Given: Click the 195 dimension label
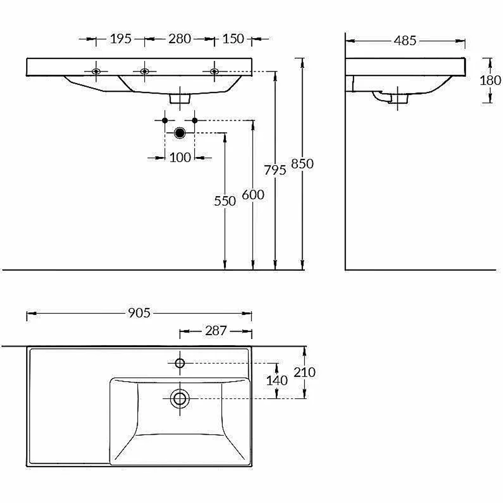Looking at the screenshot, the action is coord(121,39).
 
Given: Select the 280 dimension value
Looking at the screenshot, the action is coord(180,39).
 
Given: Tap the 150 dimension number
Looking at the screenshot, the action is coord(233,39).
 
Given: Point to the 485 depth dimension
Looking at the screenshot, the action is coord(405,41).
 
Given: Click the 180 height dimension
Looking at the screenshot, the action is coord(490,80).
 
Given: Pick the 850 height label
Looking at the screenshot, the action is coord(302,163).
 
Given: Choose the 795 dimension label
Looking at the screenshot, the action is coord(275,170).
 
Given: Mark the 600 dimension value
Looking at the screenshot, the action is coord(253,194).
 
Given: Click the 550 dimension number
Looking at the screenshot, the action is coord(225,201).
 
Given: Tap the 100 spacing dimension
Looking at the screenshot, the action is coord(180,157).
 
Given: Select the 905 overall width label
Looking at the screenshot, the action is coord(139,313).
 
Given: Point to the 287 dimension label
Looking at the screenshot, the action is coord(216,331).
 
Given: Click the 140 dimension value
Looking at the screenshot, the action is coord(277,380).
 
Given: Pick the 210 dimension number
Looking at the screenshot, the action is coord(304,372).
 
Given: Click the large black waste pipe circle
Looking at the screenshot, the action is coord(180,133).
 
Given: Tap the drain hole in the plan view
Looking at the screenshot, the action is coord(180,398).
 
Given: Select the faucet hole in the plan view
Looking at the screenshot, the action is coord(180,363).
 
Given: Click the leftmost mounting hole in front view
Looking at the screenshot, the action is coord(96,71).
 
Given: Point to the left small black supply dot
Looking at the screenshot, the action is coord(165,120).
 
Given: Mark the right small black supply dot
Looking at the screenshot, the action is coord(195,120).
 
